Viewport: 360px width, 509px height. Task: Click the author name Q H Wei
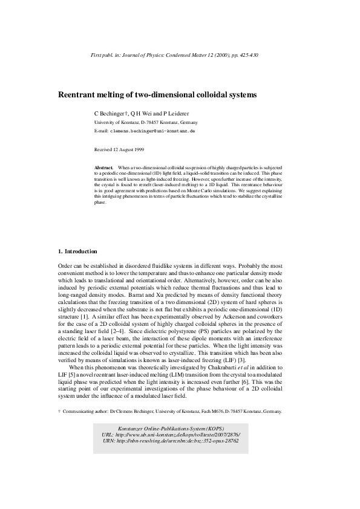[x=143, y=113]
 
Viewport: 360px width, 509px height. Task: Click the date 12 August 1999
[x=133, y=148]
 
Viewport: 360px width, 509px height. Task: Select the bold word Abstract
[x=105, y=166]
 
